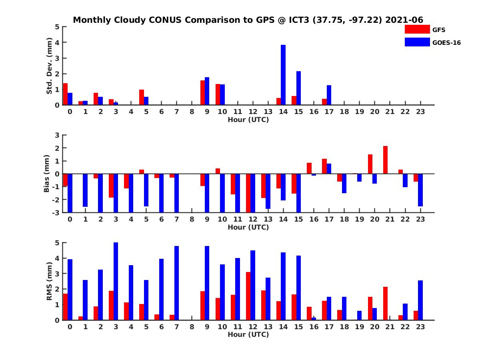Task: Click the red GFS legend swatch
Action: click(417, 29)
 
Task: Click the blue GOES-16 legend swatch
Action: click(417, 42)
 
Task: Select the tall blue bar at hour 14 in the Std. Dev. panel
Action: click(283, 75)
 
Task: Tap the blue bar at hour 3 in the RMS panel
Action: click(116, 281)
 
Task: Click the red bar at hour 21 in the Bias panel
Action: click(385, 160)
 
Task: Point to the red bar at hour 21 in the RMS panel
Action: click(385, 303)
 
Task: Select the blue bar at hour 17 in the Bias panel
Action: click(329, 168)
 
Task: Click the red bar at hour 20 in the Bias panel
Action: click(370, 164)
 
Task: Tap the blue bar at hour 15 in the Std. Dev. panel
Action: click(298, 88)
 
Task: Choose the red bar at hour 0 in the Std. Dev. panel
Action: click(65, 94)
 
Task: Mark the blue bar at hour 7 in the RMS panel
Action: click(176, 283)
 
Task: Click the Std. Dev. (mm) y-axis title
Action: click(49, 66)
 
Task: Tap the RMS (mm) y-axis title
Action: click(49, 281)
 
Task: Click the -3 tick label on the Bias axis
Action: click(56, 212)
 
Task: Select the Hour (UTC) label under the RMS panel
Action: click(248, 334)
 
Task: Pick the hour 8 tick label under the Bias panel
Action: click(192, 219)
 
